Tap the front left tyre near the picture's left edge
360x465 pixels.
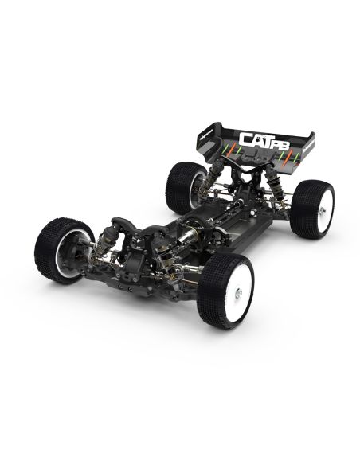[x=62, y=246]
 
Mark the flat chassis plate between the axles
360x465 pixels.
[x=231, y=231]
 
